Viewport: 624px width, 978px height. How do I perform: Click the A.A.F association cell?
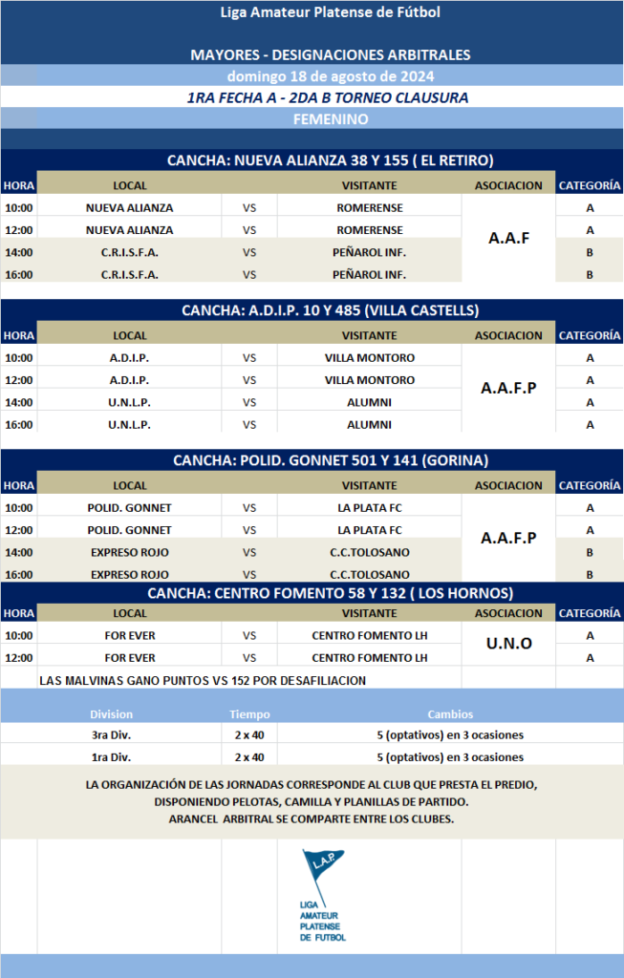508,239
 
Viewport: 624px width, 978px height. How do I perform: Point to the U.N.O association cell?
508,644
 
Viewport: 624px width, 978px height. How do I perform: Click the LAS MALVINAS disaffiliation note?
204,680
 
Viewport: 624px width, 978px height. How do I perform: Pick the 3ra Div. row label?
111,735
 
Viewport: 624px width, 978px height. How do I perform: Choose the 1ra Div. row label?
111,756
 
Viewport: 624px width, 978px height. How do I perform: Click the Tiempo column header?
249,714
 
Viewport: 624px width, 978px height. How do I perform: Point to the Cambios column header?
449,714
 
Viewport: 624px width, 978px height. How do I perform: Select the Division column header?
111,714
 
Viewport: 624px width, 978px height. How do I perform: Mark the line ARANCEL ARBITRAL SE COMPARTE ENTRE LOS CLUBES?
311,819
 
